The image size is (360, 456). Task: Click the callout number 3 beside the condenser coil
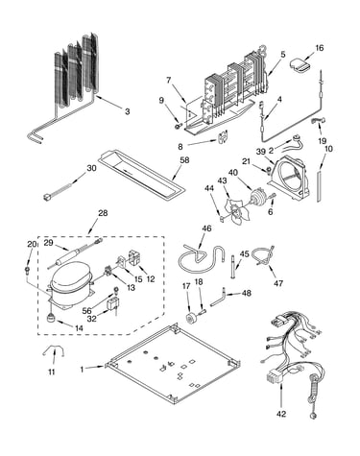click(128, 111)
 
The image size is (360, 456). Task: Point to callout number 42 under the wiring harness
click(281, 414)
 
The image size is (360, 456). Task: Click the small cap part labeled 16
click(300, 64)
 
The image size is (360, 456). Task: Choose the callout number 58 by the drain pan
click(184, 160)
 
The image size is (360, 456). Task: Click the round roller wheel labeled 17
click(191, 318)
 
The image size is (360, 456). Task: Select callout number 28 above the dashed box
click(103, 213)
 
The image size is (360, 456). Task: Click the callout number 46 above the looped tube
click(206, 228)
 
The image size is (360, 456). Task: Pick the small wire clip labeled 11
click(54, 352)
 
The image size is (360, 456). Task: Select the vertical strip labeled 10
click(320, 186)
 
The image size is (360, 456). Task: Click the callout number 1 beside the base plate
click(82, 369)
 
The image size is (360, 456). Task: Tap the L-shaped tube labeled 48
click(218, 298)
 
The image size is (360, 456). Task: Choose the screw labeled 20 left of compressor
click(28, 271)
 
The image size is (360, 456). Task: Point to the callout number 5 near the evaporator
click(283, 55)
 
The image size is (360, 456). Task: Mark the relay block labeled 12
click(135, 257)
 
